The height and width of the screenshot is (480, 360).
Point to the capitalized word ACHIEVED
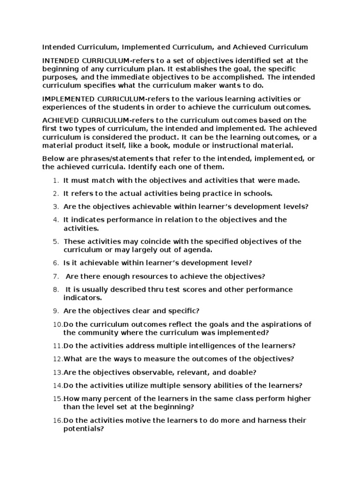(x=60, y=120)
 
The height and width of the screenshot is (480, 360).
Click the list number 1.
(x=55, y=180)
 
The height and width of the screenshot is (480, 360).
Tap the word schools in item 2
(x=258, y=193)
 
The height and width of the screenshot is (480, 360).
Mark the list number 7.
(x=55, y=277)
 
